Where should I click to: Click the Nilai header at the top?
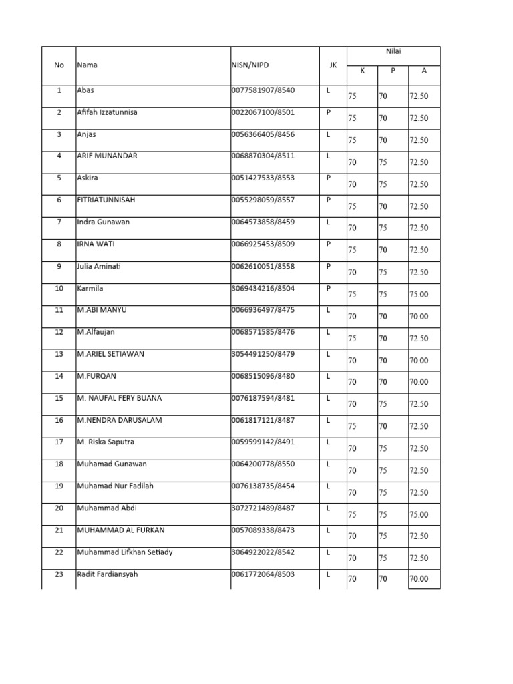[392, 51]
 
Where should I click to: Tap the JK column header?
[331, 65]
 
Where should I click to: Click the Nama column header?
[87, 65]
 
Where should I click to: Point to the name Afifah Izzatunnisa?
[107, 112]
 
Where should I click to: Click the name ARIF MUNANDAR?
[108, 156]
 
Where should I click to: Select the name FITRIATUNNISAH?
[106, 200]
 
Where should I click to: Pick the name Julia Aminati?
[99, 266]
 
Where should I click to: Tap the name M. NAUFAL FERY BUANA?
[120, 398]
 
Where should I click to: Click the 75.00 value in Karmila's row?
[419, 294]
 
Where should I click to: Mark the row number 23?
[59, 574]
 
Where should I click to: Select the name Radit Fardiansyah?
[108, 574]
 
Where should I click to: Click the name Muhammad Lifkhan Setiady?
[125, 552]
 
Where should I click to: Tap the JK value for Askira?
[329, 178]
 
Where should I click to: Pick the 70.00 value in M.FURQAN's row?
[419, 382]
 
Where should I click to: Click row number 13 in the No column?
[59, 354]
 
